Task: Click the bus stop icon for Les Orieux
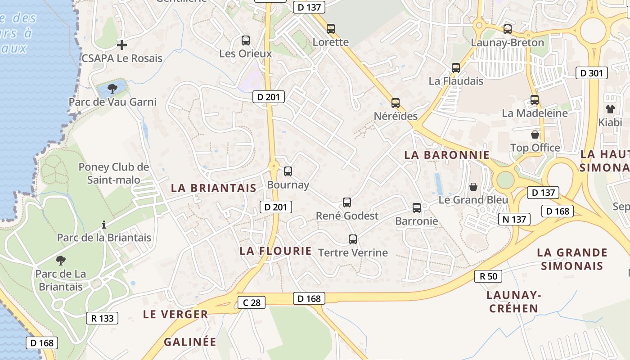click(245, 40)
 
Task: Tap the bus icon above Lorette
click(331, 29)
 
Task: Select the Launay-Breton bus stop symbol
click(508, 29)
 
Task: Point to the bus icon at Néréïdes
click(395, 103)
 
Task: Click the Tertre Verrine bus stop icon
click(353, 239)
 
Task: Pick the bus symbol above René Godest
click(346, 202)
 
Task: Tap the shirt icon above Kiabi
click(610, 109)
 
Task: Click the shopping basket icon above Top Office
click(535, 135)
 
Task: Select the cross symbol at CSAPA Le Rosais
click(121, 45)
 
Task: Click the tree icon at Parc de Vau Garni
click(112, 88)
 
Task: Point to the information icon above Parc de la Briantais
click(104, 224)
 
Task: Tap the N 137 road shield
click(514, 219)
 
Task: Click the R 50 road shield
click(488, 276)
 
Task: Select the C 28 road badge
click(252, 302)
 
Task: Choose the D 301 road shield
click(592, 73)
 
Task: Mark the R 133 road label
click(102, 318)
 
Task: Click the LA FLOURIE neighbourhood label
click(275, 251)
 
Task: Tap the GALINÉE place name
click(190, 342)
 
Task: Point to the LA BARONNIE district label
click(446, 155)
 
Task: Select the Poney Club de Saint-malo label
click(113, 173)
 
